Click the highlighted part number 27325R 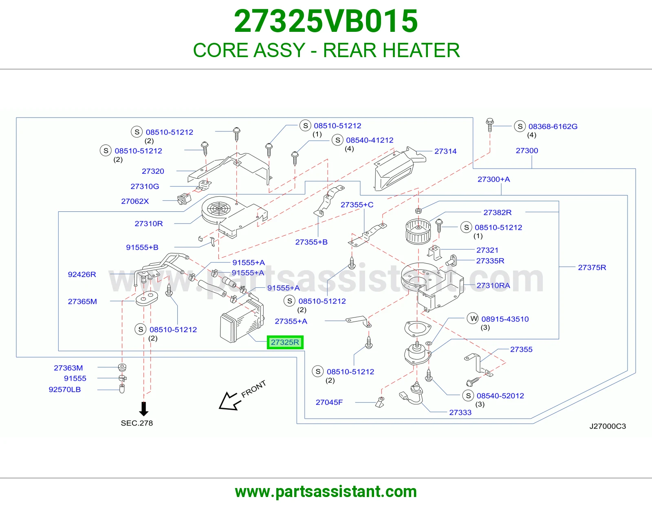click(x=285, y=342)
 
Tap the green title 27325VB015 click(x=326, y=21)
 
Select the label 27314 click(x=445, y=151)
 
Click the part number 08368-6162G click(x=553, y=126)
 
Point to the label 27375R click(x=592, y=267)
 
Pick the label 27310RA click(x=493, y=286)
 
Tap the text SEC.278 click(x=137, y=423)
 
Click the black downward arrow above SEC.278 click(x=144, y=409)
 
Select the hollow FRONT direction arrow click(x=229, y=401)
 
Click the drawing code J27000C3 click(x=608, y=426)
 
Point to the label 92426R click(x=82, y=274)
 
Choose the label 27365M click(x=82, y=302)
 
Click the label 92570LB click(x=65, y=389)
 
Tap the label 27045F click(x=329, y=402)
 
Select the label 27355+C click(x=357, y=204)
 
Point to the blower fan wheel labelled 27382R click(x=418, y=231)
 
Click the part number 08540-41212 click(x=370, y=140)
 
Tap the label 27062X click(x=135, y=201)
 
